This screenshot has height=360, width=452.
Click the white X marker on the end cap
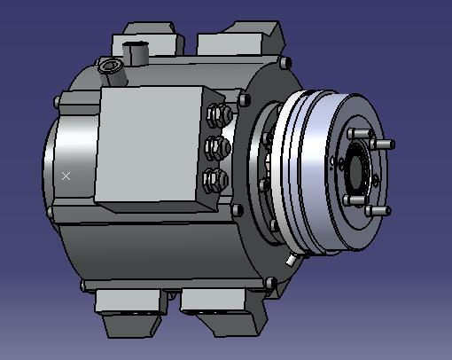[x=66, y=176]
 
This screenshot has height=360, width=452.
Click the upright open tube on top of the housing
[x=137, y=53]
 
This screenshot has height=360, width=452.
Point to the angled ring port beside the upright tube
[x=111, y=67]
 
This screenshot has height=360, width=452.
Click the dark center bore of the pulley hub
[x=360, y=168]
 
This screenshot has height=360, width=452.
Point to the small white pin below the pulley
[x=291, y=262]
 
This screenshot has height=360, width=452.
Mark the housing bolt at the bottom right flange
[x=269, y=284]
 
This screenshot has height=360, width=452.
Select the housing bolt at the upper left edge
[x=58, y=102]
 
